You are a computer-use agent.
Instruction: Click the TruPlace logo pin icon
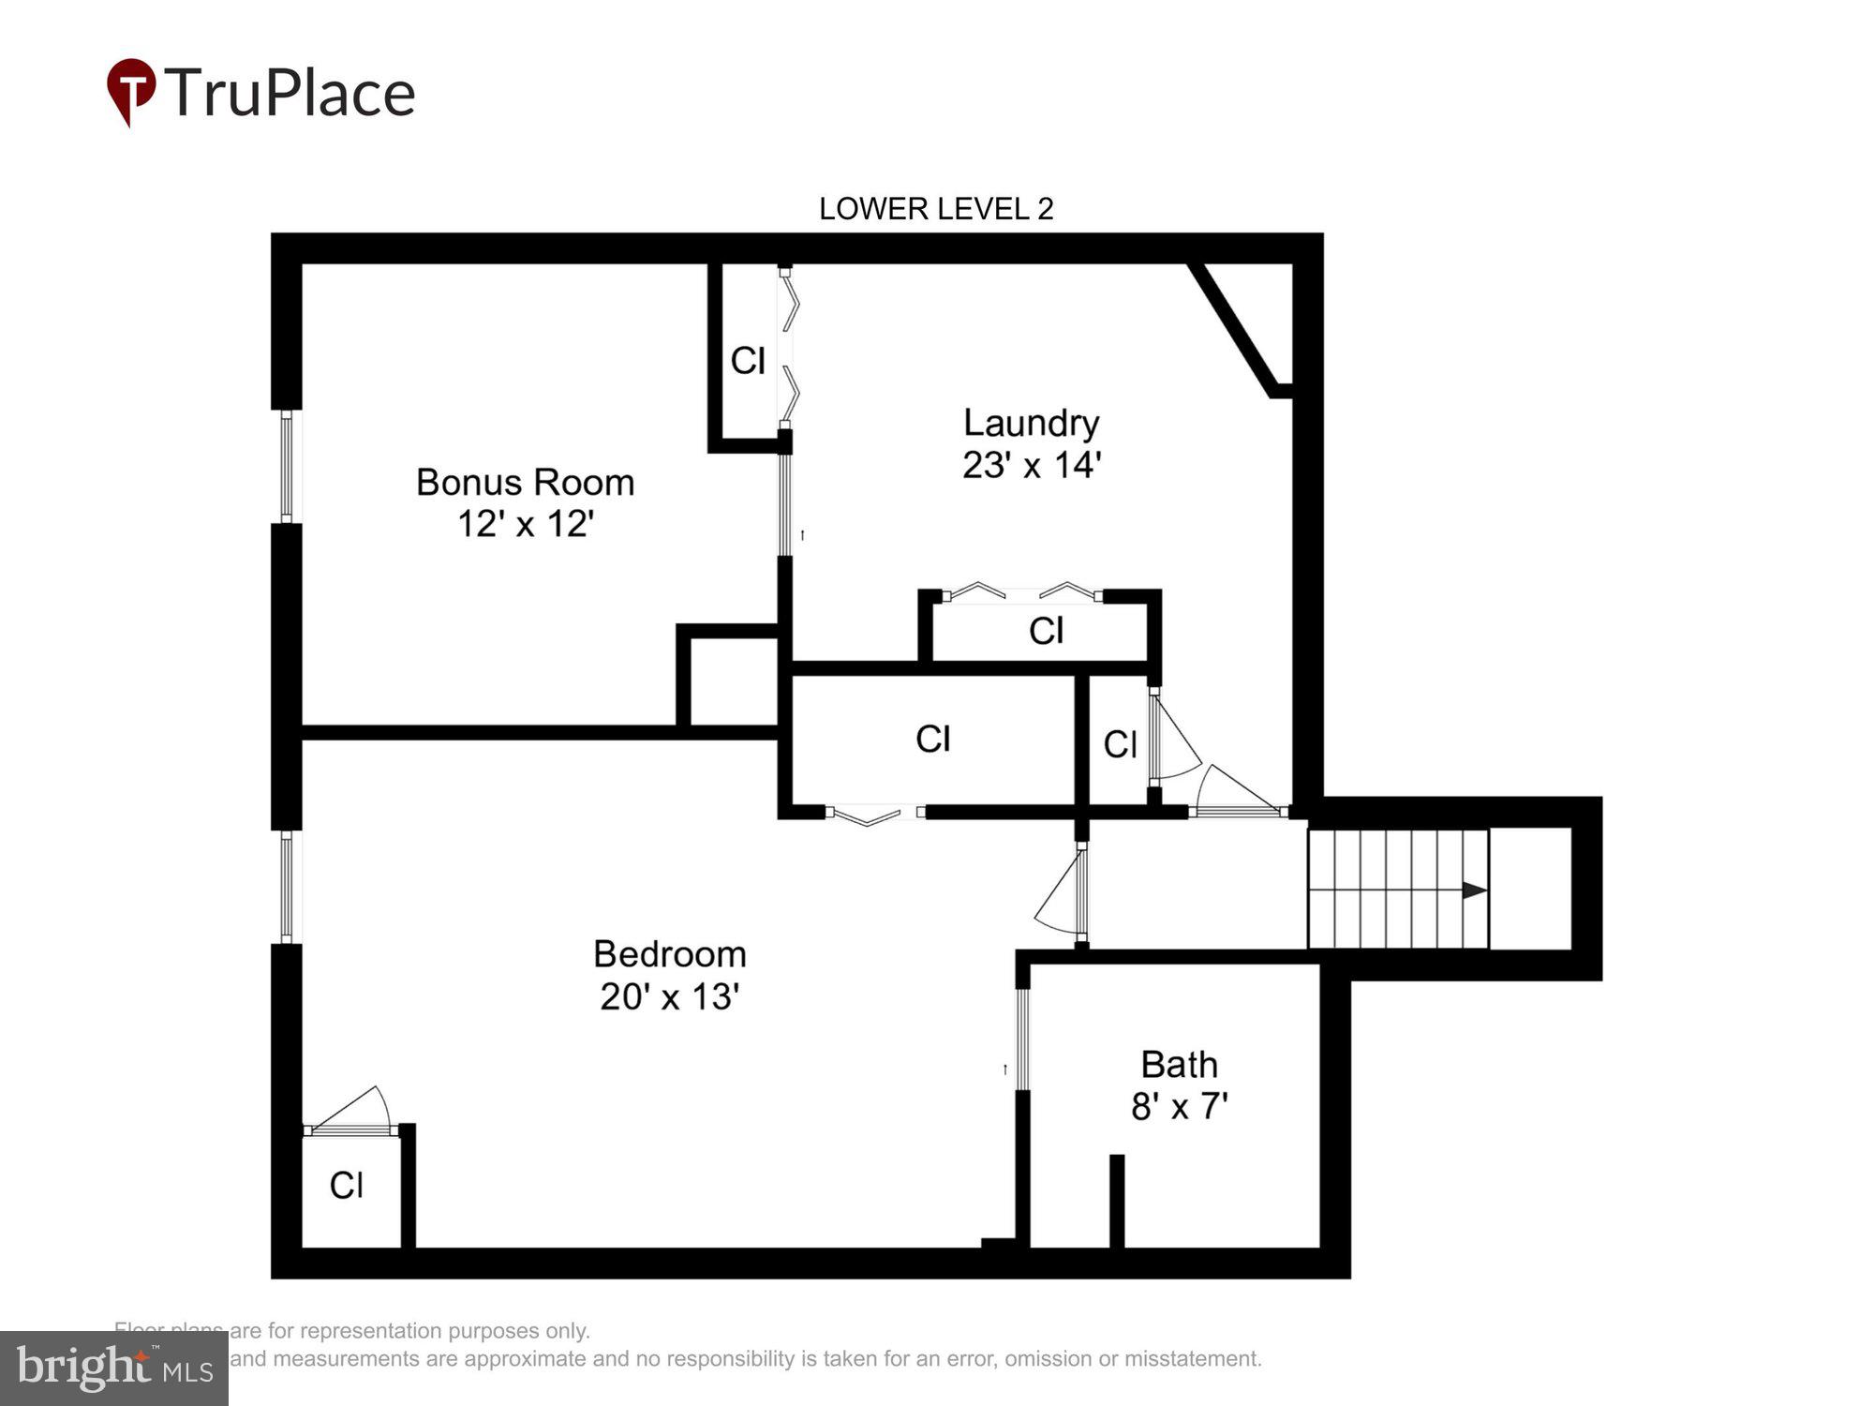pyautogui.click(x=131, y=90)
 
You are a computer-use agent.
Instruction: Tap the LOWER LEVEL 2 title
pyautogui.click(x=936, y=209)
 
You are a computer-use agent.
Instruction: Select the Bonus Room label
pyautogui.click(x=525, y=483)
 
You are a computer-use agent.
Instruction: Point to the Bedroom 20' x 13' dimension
pyautogui.click(x=670, y=996)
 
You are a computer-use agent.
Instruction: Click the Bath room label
pyautogui.click(x=1179, y=1065)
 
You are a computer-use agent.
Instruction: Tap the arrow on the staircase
pyautogui.click(x=1474, y=890)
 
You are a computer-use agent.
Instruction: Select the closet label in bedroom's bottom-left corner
pyautogui.click(x=346, y=1186)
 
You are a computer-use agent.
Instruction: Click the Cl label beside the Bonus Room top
pyautogui.click(x=747, y=361)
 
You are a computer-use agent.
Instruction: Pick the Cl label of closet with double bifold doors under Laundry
pyautogui.click(x=1046, y=631)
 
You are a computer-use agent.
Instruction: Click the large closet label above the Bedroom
pyautogui.click(x=932, y=740)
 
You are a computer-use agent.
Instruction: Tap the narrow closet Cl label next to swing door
pyautogui.click(x=1120, y=745)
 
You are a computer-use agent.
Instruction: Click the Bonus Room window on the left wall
pyautogui.click(x=287, y=467)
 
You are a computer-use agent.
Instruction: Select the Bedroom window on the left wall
pyautogui.click(x=287, y=887)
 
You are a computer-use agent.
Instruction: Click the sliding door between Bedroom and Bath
pyautogui.click(x=1022, y=1039)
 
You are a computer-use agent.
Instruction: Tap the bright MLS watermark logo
pyautogui.click(x=113, y=1369)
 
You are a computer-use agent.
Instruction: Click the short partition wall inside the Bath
pyautogui.click(x=1116, y=1202)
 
